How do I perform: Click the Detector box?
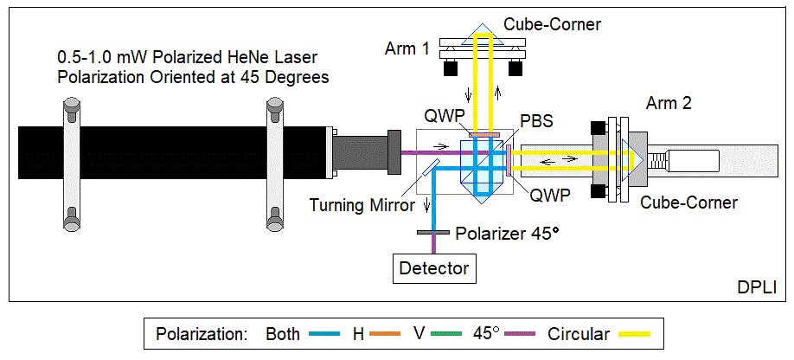pyautogui.click(x=434, y=268)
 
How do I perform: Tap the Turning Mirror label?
pyautogui.click(x=357, y=205)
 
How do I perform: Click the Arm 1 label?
pyautogui.click(x=407, y=48)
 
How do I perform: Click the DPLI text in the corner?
pyautogui.click(x=758, y=286)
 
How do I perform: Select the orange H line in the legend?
pyautogui.click(x=387, y=334)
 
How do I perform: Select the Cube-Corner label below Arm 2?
pyautogui.click(x=688, y=202)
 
